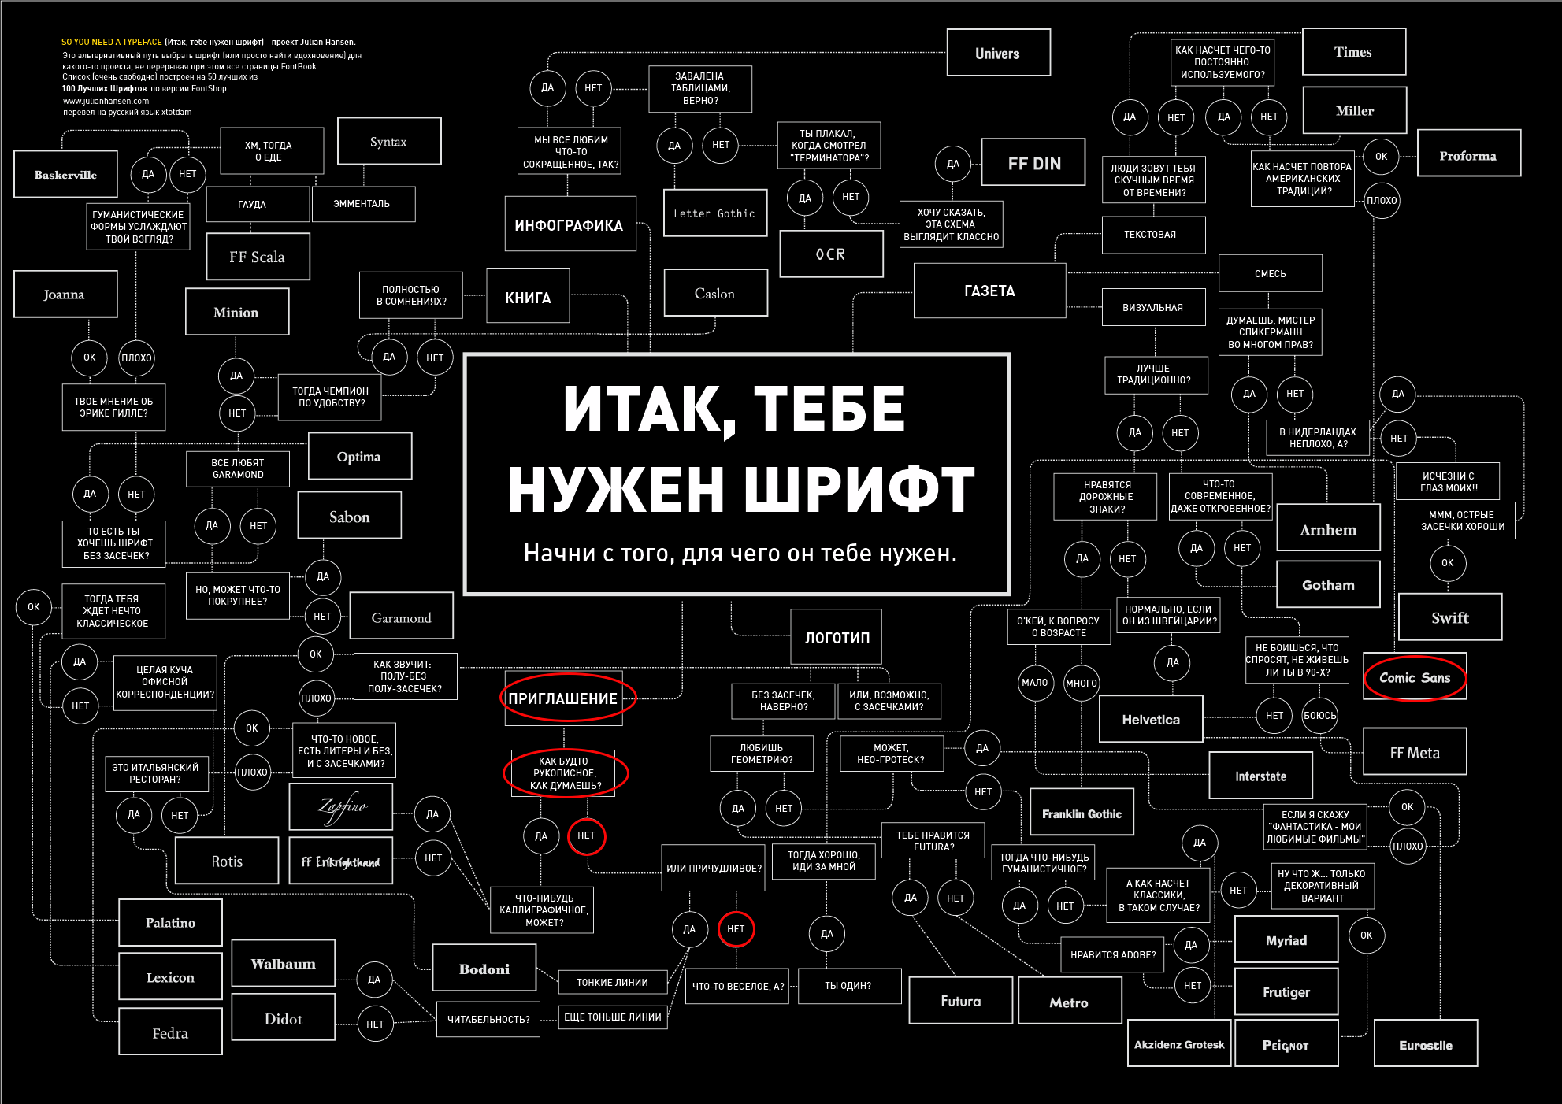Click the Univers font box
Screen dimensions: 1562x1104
pyautogui.click(x=998, y=53)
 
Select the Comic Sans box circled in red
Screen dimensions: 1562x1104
pyautogui.click(x=1415, y=676)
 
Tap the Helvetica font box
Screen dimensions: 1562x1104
pyautogui.click(x=1151, y=719)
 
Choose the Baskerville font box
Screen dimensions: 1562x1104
pyautogui.click(x=65, y=174)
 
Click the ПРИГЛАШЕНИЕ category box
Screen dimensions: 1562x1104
pyautogui.click(x=562, y=698)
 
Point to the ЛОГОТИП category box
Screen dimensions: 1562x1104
pyautogui.click(x=837, y=637)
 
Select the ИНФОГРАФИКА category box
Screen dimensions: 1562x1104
pyautogui.click(x=570, y=224)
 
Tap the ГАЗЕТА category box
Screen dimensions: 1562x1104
pyautogui.click(x=989, y=291)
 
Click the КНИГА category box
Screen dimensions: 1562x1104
pyautogui.click(x=528, y=296)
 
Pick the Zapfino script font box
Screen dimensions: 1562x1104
pyautogui.click(x=341, y=807)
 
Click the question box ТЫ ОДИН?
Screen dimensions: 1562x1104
pyautogui.click(x=849, y=986)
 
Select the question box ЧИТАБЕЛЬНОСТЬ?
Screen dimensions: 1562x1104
pyautogui.click(x=488, y=1020)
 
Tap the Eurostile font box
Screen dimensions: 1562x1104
pyautogui.click(x=1426, y=1044)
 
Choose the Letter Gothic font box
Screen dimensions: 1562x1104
pyautogui.click(x=715, y=213)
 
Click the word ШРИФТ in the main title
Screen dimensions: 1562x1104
pyautogui.click(x=859, y=489)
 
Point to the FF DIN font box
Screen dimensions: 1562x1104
pyautogui.click(x=1033, y=162)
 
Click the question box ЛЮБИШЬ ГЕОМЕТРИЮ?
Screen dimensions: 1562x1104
pyautogui.click(x=762, y=754)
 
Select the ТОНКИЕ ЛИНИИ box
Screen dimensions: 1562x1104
pyautogui.click(x=612, y=982)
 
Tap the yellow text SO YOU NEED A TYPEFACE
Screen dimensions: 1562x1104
pyautogui.click(x=112, y=42)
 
